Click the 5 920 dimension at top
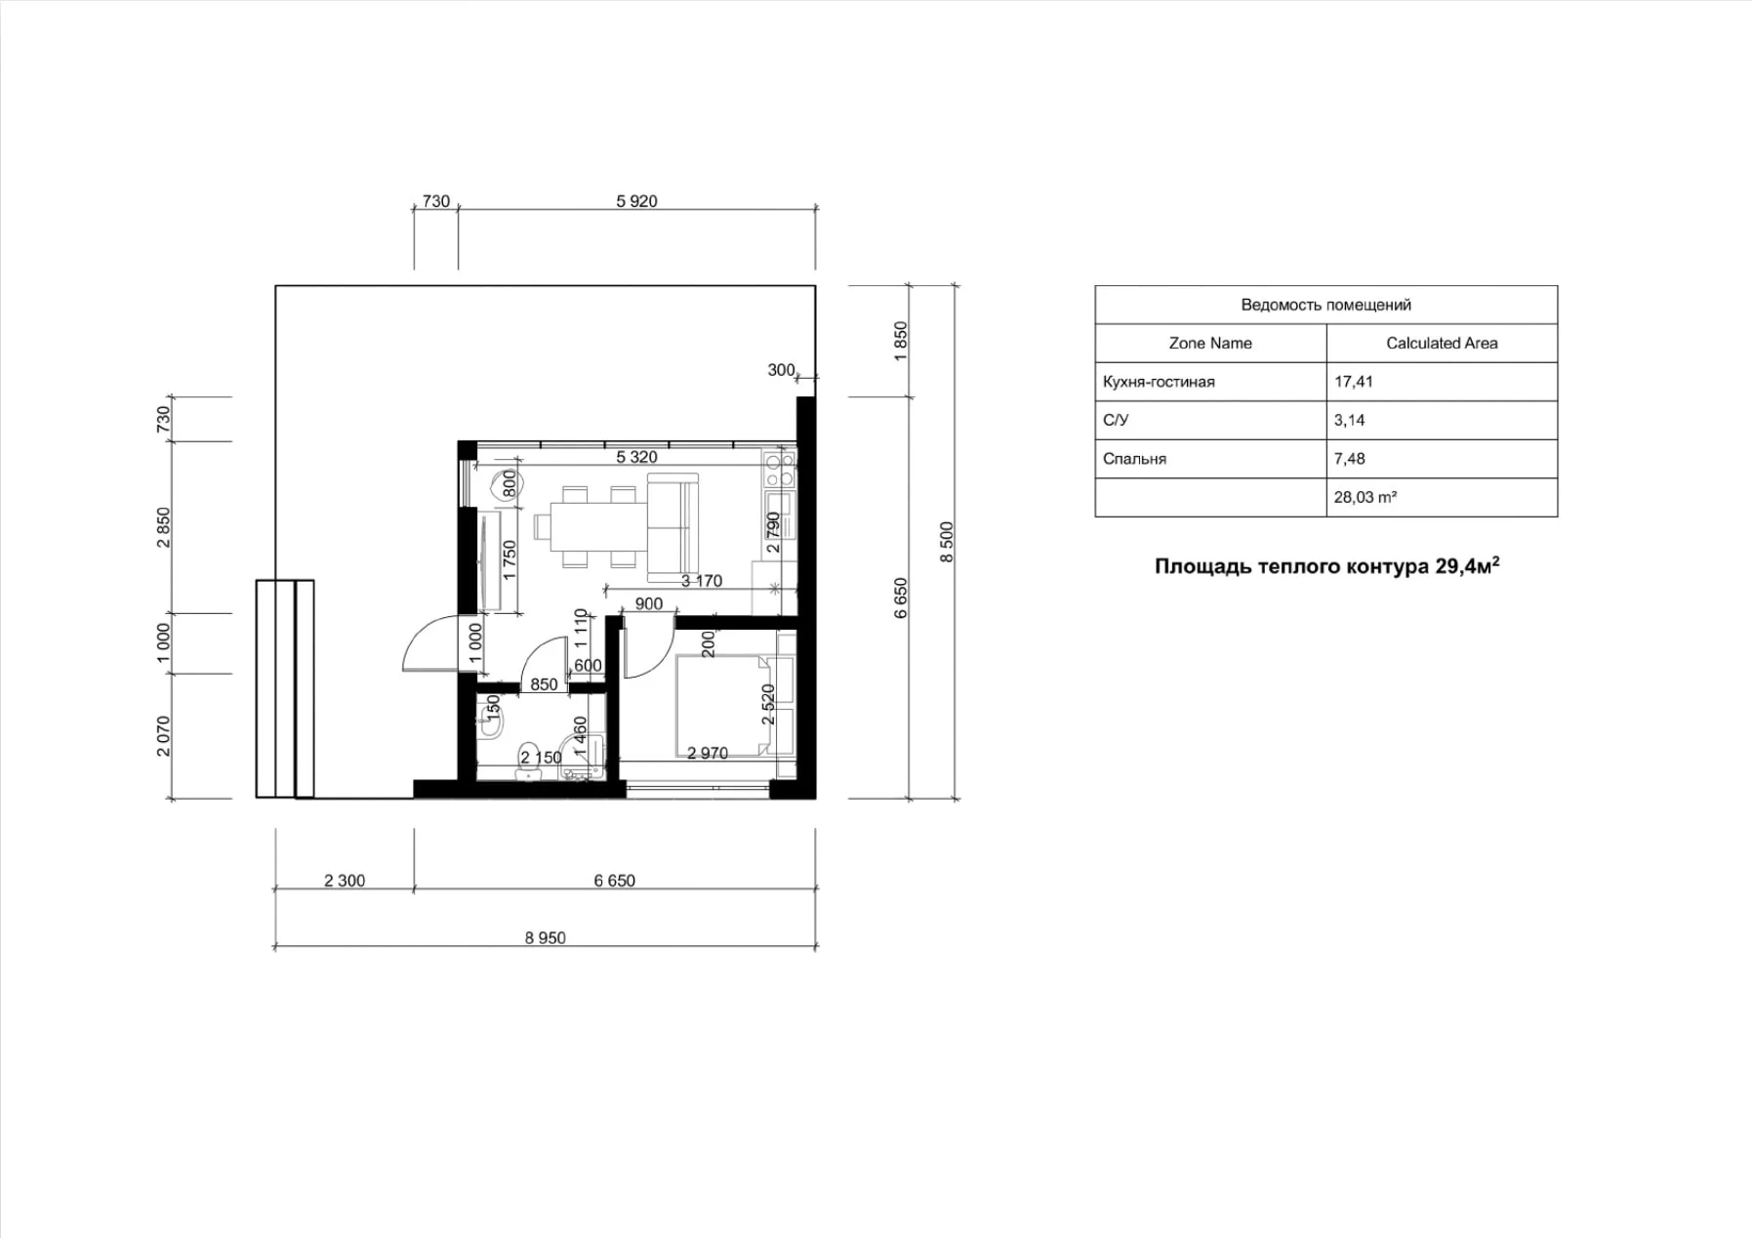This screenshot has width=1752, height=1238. pyautogui.click(x=636, y=201)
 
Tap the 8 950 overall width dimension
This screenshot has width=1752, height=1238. pyautogui.click(x=545, y=937)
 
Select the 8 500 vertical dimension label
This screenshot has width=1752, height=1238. pyautogui.click(x=946, y=542)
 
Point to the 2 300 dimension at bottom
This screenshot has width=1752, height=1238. pyautogui.click(x=345, y=881)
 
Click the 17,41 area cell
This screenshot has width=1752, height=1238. pyautogui.click(x=1354, y=382)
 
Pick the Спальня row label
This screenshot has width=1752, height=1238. pyautogui.click(x=1134, y=459)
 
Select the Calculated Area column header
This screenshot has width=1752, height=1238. pyautogui.click(x=1441, y=343)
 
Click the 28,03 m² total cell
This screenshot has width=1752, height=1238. pyautogui.click(x=1365, y=497)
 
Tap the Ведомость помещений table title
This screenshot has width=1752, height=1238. pyautogui.click(x=1325, y=305)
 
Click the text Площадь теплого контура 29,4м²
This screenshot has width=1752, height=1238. pyautogui.click(x=1326, y=566)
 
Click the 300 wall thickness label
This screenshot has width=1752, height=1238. pyautogui.click(x=781, y=370)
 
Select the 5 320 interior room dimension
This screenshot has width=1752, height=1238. pyautogui.click(x=636, y=457)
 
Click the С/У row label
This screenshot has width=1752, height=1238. pyautogui.click(x=1116, y=421)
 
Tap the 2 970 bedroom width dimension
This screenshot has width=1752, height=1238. pyautogui.click(x=707, y=753)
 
